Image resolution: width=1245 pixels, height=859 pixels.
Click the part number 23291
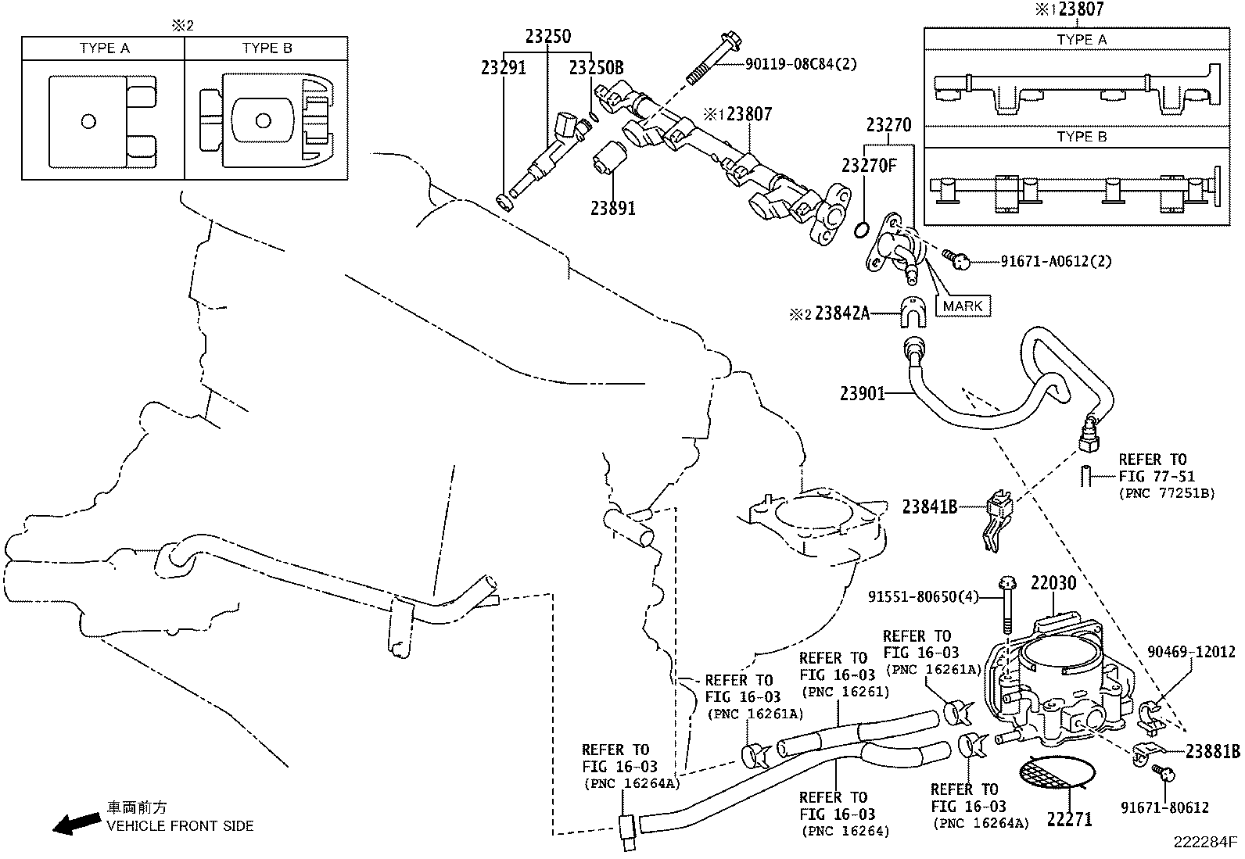click(x=503, y=68)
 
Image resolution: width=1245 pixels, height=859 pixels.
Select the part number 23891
click(x=612, y=208)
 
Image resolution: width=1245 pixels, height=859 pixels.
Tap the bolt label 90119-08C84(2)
click(x=801, y=64)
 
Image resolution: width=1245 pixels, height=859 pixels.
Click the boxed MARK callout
click(x=962, y=306)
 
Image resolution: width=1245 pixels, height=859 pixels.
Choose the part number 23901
click(x=863, y=393)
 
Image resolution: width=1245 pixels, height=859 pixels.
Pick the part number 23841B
click(x=930, y=506)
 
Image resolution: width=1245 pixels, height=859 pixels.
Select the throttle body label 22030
click(x=1053, y=582)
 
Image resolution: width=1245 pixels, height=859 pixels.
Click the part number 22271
click(x=1071, y=819)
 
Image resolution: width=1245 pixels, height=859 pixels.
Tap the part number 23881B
click(x=1212, y=752)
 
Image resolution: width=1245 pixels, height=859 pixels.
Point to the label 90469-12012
click(x=1191, y=651)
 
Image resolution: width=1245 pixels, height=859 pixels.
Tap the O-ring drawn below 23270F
click(x=860, y=229)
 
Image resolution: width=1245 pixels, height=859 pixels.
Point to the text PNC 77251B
click(x=1166, y=493)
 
